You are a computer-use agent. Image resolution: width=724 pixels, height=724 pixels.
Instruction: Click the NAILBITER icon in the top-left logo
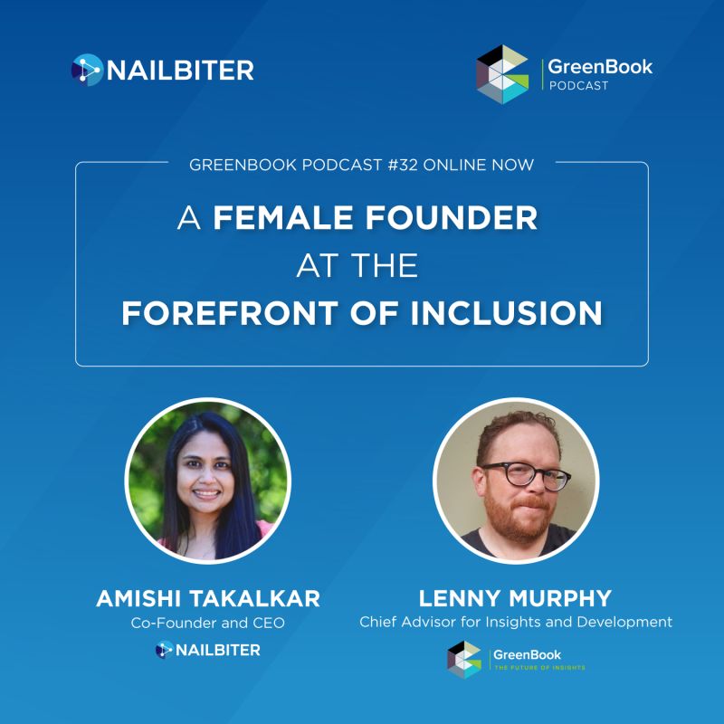[x=87, y=71]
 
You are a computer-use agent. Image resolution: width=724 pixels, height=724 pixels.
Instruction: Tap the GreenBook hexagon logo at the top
[x=502, y=74]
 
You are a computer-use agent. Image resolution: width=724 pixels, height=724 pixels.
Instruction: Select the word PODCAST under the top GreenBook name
[x=578, y=86]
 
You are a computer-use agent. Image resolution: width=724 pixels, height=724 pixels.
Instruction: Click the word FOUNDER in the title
[x=452, y=217]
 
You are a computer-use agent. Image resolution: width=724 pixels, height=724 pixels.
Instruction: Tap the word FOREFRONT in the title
[x=229, y=313]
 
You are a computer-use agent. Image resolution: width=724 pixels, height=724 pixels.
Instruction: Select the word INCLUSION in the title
[x=507, y=313]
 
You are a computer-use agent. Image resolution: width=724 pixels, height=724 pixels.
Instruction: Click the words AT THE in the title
[x=357, y=265]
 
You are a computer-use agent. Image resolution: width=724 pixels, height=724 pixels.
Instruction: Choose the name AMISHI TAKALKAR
[x=208, y=598]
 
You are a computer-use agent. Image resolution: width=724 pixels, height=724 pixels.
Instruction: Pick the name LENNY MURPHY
[x=515, y=598]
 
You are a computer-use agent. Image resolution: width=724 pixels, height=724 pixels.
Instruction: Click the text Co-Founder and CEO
[x=208, y=623]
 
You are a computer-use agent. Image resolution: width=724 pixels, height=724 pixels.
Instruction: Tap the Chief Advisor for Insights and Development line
[x=516, y=622]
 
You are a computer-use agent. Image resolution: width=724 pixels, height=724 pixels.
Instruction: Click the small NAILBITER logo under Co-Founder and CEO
[x=208, y=650]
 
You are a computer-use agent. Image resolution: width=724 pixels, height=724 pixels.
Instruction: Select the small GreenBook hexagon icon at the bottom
[x=464, y=660]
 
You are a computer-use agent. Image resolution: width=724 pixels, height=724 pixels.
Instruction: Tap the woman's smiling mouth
[x=206, y=494]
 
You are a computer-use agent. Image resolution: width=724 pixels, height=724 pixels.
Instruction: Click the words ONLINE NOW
[x=479, y=165]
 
